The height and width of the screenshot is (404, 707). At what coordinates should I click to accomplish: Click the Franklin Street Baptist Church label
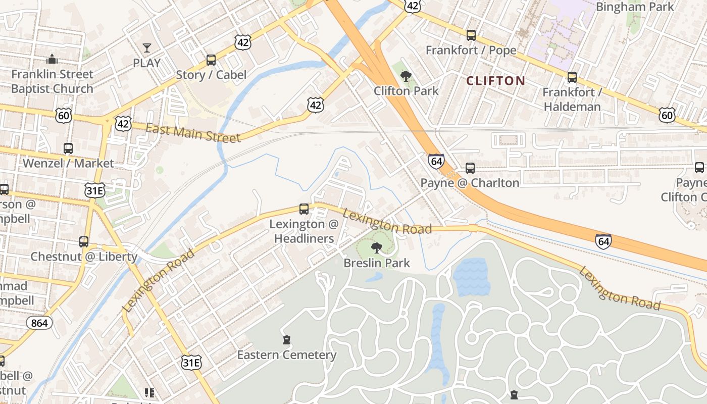pos(52,81)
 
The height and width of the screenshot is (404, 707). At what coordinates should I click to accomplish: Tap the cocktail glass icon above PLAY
pos(146,48)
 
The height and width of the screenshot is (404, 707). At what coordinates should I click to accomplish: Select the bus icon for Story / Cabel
pos(211,60)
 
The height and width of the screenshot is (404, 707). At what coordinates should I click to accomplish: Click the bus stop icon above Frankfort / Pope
pos(471,35)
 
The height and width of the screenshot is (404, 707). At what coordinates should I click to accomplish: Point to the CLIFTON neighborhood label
pos(495,81)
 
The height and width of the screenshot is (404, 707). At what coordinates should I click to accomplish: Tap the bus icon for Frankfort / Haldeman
pos(572,77)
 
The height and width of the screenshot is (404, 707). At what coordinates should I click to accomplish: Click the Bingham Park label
pos(634,7)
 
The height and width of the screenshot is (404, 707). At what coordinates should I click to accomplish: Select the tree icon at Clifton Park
pos(406,76)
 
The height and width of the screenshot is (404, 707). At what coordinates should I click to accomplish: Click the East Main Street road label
pos(193,133)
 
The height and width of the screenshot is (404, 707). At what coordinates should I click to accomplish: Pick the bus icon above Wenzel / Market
pos(68,148)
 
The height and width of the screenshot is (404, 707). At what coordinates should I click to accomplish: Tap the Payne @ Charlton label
pos(470,183)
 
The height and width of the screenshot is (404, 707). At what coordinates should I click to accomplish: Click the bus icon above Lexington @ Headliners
pos(304,209)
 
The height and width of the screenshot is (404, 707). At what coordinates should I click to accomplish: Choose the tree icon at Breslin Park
pos(376,247)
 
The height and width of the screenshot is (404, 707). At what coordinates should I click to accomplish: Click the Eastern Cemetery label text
pos(287,355)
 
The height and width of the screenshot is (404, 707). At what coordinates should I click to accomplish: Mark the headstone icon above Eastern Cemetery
pos(287,340)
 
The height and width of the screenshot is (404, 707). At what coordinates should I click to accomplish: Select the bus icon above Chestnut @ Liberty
pos(84,241)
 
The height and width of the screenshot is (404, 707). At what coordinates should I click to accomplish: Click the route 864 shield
pos(39,322)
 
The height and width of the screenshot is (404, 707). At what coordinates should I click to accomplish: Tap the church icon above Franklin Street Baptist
pos(52,59)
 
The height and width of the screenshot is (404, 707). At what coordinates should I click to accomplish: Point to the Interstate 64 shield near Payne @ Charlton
pos(436,161)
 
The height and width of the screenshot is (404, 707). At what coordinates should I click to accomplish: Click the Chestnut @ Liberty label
pos(84,257)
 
